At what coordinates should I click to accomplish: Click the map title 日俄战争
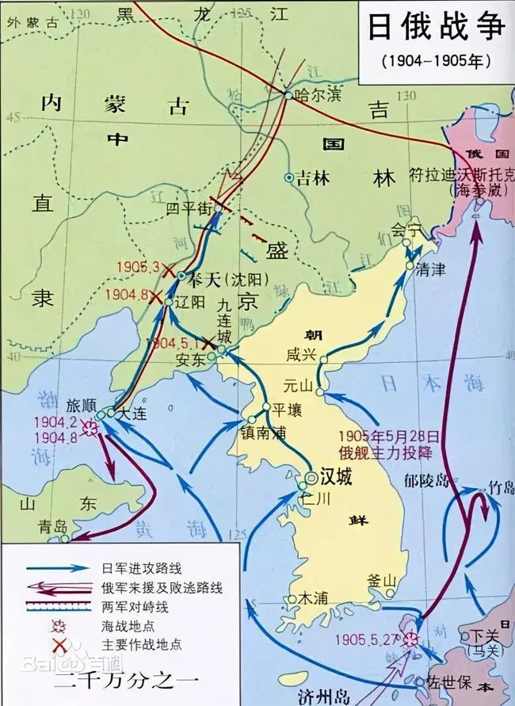(436, 26)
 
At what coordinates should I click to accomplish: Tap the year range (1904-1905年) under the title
(436, 59)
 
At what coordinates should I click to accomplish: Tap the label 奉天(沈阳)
(227, 279)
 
